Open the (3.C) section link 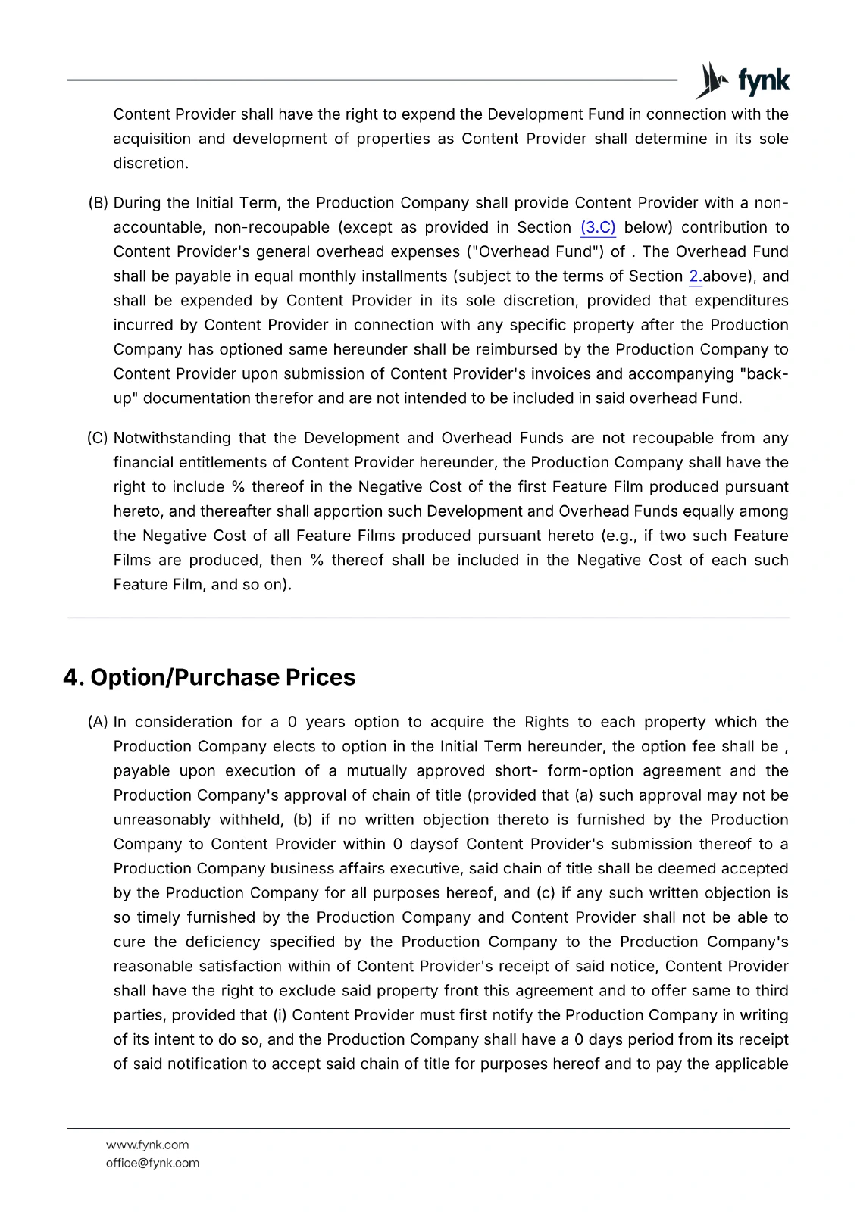pos(598,227)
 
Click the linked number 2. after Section pos(695,276)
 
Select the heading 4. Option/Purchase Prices pos(209,677)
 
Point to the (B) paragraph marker pos(99,203)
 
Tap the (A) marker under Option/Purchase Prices pos(99,722)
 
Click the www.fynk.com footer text pos(147,1145)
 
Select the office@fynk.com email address pos(152,1163)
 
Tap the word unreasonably pos(162,820)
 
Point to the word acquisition pos(152,139)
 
